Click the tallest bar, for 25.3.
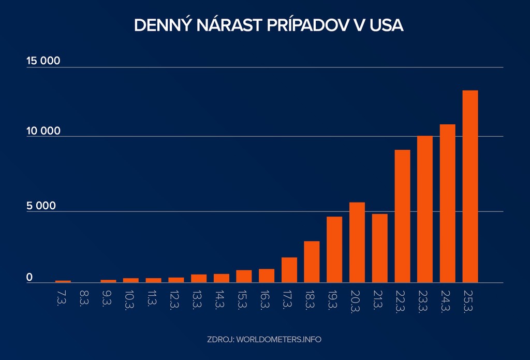click(470, 186)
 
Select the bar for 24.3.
click(447, 203)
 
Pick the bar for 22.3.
click(402, 216)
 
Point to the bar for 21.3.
click(379, 248)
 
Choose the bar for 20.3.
click(357, 242)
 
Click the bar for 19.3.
click(334, 249)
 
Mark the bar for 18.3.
click(312, 262)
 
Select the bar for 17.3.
click(289, 270)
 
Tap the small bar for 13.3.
click(199, 278)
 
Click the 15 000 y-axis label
click(43, 61)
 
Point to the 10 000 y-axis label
click(43, 131)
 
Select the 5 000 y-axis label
click(41, 206)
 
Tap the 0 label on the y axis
click(30, 278)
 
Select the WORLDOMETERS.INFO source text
click(279, 340)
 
